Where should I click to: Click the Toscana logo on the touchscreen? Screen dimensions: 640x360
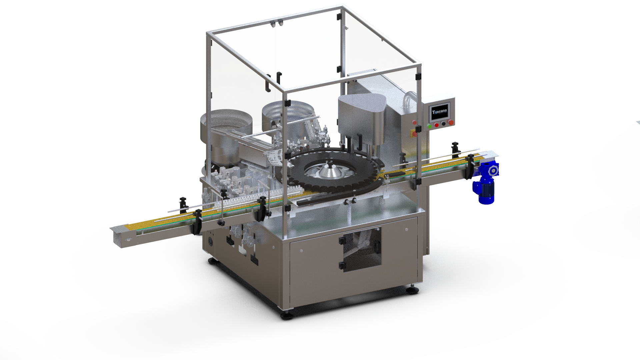click(440, 112)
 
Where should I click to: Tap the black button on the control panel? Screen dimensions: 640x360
click(443, 124)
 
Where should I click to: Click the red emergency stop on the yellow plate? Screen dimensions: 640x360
click(414, 134)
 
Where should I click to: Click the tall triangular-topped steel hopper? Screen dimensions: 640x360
click(362, 117)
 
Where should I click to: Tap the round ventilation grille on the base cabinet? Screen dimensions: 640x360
click(210, 241)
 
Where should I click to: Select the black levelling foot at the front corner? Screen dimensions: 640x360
click(287, 315)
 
